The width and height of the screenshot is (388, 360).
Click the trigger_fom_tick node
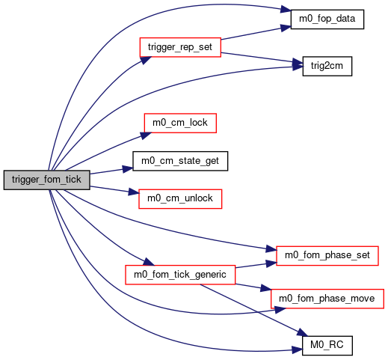click(46, 180)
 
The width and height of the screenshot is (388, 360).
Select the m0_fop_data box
click(327, 19)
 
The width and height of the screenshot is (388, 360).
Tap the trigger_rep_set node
click(180, 47)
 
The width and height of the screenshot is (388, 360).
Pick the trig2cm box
click(327, 66)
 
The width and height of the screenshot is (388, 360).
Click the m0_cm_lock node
click(180, 123)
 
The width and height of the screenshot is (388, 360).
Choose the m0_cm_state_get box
click(180, 161)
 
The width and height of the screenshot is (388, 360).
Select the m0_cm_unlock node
click(180, 199)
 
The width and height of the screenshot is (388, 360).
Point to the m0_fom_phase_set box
click(327, 256)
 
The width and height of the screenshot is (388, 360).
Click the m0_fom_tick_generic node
click(180, 275)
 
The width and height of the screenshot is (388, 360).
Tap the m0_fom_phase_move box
click(327, 299)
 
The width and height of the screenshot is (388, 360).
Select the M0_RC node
click(327, 346)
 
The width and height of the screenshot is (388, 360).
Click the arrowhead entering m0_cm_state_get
click(128, 169)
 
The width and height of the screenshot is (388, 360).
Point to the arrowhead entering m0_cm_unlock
click(134, 192)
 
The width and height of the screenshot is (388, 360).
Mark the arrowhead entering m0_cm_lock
click(146, 135)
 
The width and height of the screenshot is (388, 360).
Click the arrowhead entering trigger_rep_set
click(146, 60)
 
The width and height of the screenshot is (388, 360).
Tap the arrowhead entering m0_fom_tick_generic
click(149, 262)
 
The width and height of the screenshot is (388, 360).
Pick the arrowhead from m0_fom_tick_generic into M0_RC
click(302, 332)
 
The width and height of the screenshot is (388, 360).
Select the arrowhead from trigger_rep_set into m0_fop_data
click(286, 28)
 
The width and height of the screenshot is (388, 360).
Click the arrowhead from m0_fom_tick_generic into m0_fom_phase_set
click(271, 263)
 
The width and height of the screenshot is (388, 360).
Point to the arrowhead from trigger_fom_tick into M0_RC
click(297, 350)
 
